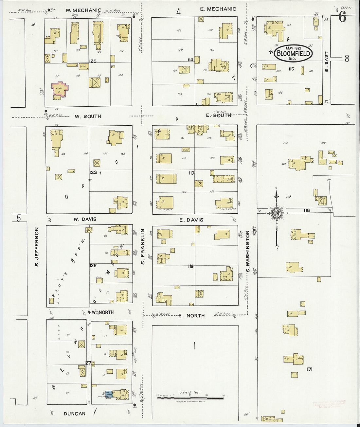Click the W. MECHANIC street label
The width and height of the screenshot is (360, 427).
click(83, 10)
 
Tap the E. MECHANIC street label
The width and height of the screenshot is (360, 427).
click(218, 9)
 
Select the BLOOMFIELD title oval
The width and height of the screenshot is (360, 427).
click(293, 53)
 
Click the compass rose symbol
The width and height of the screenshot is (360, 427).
click(277, 213)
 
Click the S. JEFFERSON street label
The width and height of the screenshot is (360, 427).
click(37, 246)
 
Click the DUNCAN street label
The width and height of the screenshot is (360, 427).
click(75, 414)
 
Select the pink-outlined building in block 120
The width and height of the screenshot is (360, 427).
click(60, 89)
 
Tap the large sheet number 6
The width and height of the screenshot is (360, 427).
click(342, 17)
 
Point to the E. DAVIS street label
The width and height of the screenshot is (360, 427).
click(191, 220)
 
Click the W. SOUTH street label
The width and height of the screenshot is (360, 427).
click(88, 116)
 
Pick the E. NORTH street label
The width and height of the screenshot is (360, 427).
click(191, 315)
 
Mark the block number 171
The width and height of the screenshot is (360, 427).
click(309, 369)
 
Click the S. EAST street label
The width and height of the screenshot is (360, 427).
click(326, 62)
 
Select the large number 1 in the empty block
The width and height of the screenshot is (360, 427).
click(194, 346)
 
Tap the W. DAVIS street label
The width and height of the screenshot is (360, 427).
click(85, 219)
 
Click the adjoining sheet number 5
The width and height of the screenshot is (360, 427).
click(19, 218)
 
